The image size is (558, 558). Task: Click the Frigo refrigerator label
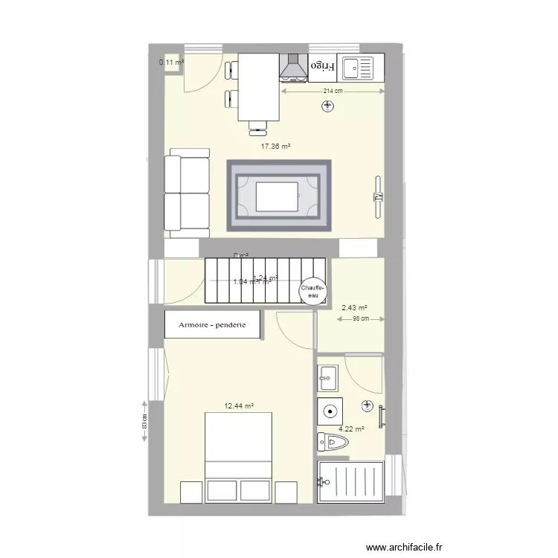click(323, 67)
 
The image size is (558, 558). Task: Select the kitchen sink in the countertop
click(362, 68)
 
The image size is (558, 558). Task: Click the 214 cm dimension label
click(333, 92)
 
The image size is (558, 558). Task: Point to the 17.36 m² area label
click(275, 147)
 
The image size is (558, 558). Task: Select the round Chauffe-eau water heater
click(312, 290)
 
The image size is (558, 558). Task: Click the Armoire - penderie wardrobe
click(213, 324)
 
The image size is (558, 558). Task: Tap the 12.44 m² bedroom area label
click(240, 406)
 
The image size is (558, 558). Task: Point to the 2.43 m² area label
click(354, 307)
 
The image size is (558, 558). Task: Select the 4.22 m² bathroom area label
click(351, 429)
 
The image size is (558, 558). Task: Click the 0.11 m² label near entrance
click(171, 62)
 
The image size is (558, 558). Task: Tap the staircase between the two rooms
click(264, 280)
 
